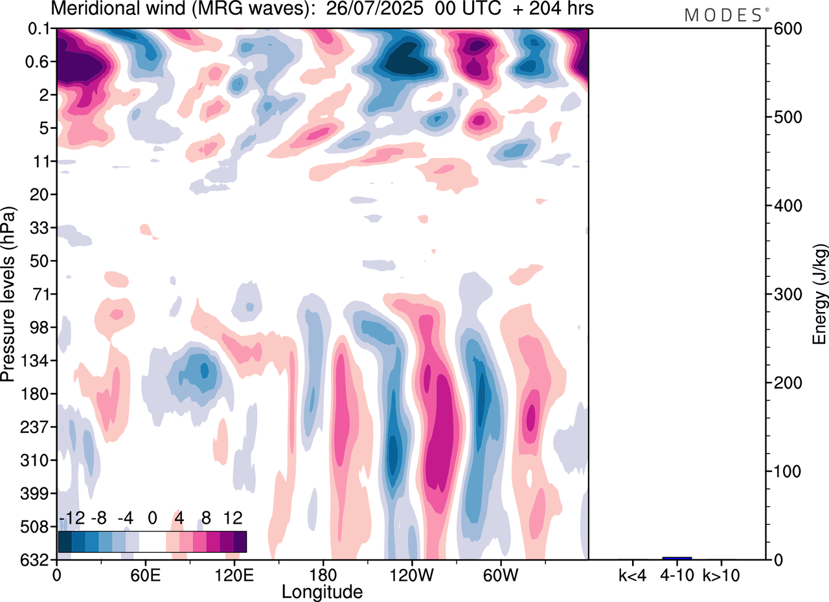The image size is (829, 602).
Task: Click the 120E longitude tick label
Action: [x=234, y=574]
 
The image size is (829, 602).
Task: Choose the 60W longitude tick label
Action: [x=499, y=574]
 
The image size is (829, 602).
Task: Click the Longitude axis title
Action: [x=322, y=591]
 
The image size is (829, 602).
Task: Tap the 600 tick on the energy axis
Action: [x=785, y=29]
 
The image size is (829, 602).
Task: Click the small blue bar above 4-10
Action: [x=677, y=558]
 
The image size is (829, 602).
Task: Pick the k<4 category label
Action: [x=633, y=574]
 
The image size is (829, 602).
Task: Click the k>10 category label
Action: [x=721, y=574]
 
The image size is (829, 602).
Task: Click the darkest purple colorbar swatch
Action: [x=240, y=541]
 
